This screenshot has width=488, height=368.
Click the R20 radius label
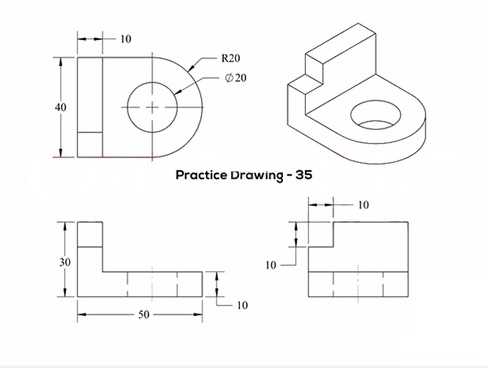pyautogui.click(x=229, y=59)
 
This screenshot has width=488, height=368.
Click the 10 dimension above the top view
pyautogui.click(x=126, y=38)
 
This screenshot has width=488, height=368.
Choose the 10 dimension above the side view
pyautogui.click(x=363, y=204)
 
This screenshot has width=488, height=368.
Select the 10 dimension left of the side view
pyautogui.click(x=272, y=265)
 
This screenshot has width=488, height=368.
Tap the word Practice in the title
pyautogui.click(x=203, y=174)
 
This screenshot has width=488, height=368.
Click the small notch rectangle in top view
pyautogui.click(x=89, y=144)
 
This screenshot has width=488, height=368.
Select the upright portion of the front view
pyautogui.click(x=89, y=244)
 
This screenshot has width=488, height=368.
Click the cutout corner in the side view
pyautogui.click(x=334, y=247)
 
